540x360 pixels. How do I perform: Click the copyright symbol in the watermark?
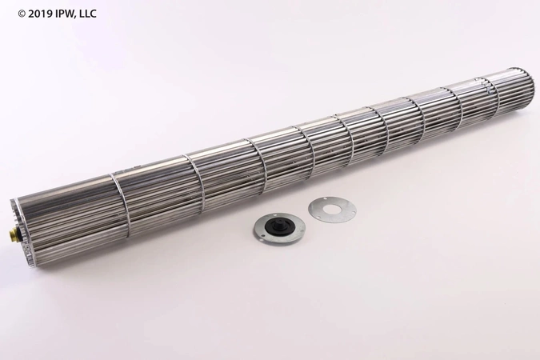[10, 11]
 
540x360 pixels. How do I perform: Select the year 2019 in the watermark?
[30, 11]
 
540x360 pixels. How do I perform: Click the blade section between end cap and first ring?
[68, 208]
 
